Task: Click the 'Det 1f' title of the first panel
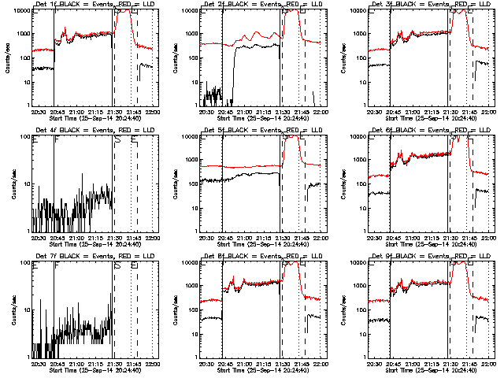pos(43,6)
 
